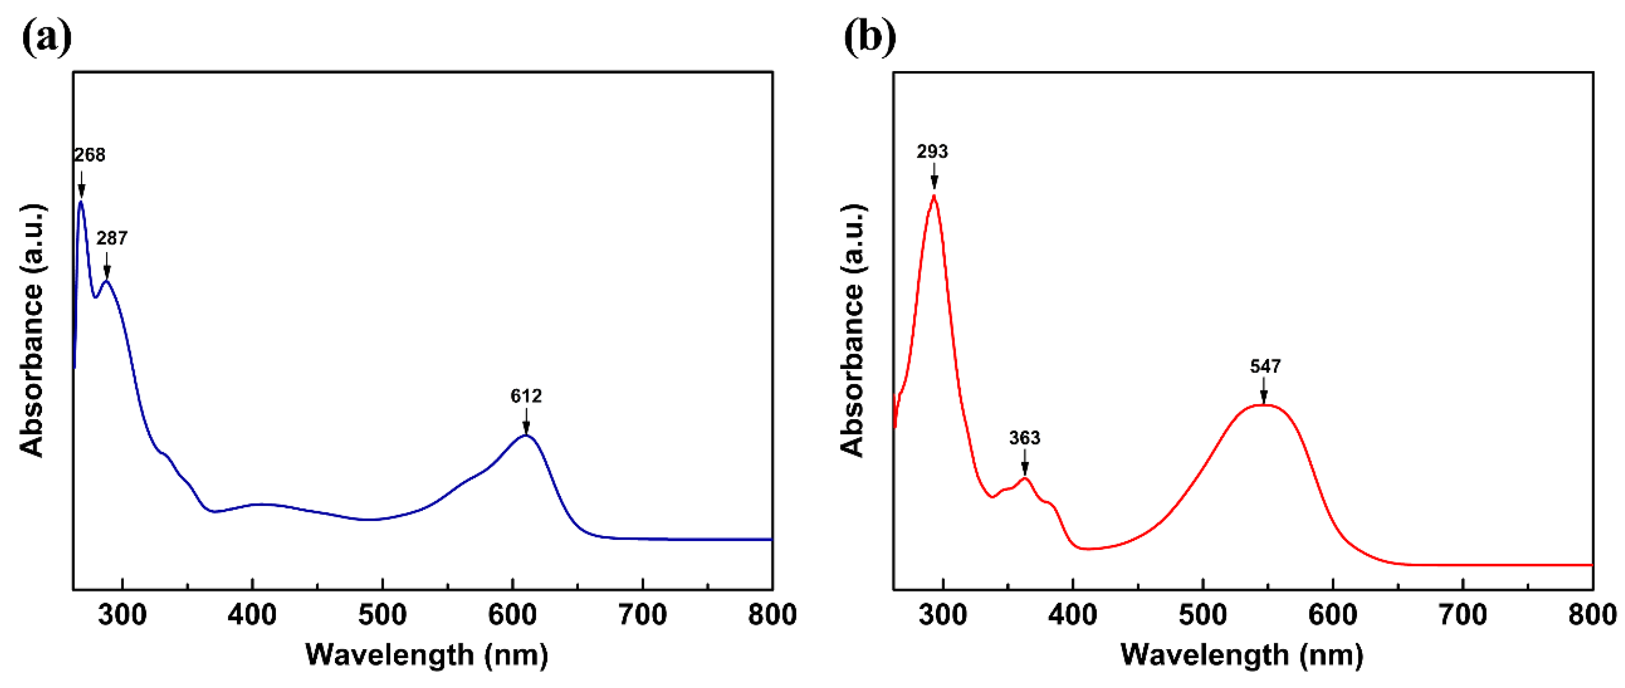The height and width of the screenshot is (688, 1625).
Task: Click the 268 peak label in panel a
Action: (x=90, y=155)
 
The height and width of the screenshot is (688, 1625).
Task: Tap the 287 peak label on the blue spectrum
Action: (x=112, y=238)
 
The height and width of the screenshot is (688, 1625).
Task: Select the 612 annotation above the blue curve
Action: (x=526, y=396)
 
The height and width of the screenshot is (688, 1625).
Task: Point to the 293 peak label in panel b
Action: (x=932, y=151)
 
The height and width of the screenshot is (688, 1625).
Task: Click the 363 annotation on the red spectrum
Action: (x=1025, y=438)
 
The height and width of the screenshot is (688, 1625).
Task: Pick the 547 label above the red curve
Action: (x=1266, y=366)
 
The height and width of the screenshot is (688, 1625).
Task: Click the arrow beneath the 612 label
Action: (x=526, y=421)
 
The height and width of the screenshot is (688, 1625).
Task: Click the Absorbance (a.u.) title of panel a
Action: (x=31, y=331)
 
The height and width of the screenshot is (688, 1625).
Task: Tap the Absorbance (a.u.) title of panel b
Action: (x=852, y=331)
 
